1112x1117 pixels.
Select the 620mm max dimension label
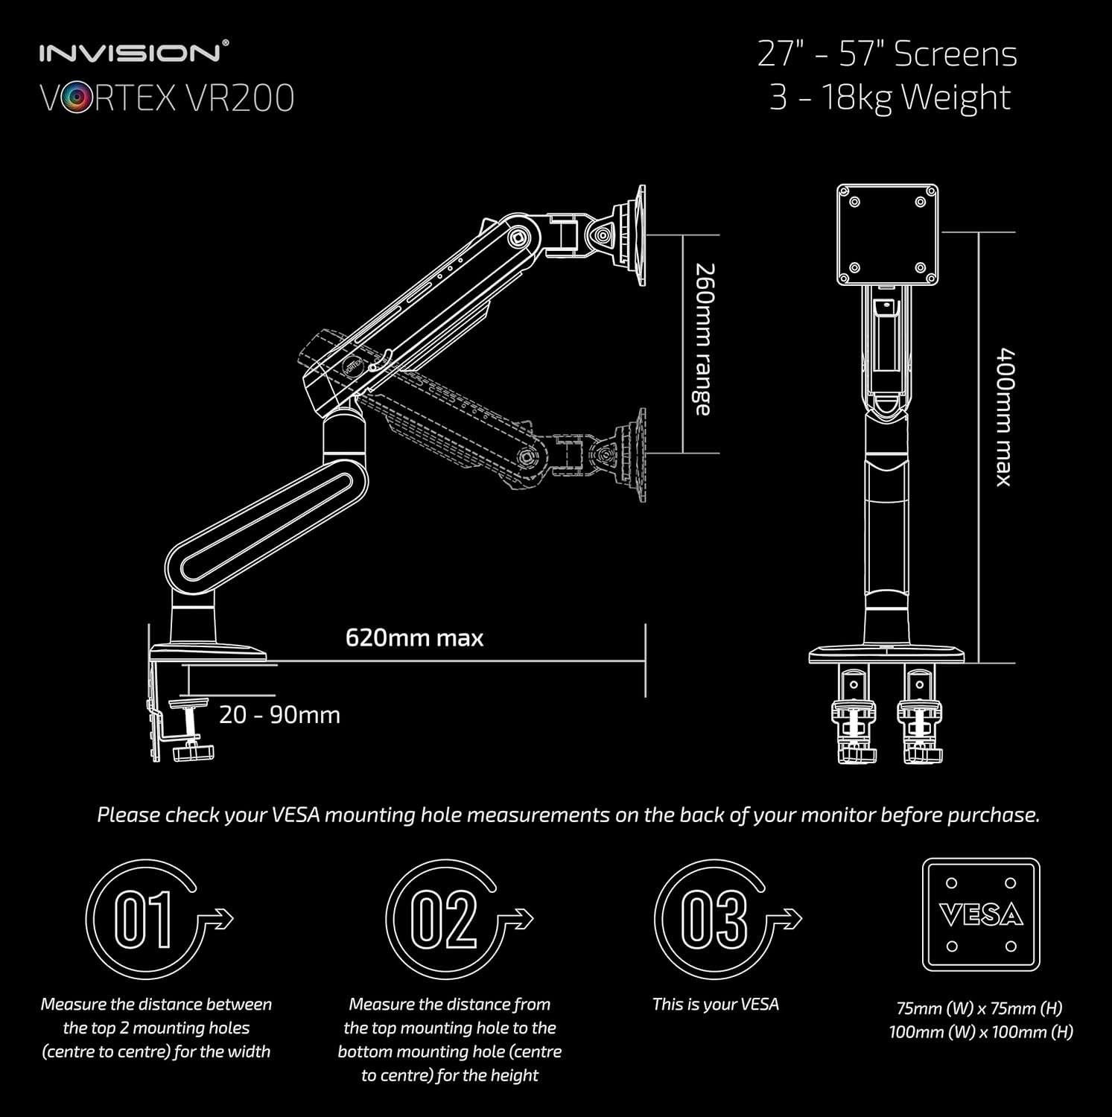(x=414, y=638)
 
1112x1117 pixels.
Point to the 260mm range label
(x=702, y=339)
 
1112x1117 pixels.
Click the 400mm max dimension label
(x=1005, y=417)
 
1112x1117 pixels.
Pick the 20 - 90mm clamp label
(x=279, y=715)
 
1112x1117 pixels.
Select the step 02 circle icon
(x=444, y=919)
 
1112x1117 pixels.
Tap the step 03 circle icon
(x=713, y=919)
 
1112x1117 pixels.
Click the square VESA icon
(x=981, y=914)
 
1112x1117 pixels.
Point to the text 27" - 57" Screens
(x=887, y=54)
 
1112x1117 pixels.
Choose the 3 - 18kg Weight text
(x=889, y=98)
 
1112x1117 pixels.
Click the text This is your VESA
(x=715, y=1005)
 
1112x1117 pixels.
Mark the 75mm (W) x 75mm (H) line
(x=979, y=1008)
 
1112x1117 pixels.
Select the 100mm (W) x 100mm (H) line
(x=980, y=1032)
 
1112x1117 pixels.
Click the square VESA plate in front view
(x=887, y=235)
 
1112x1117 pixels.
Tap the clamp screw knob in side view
(x=190, y=752)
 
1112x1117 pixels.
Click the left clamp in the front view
(x=854, y=719)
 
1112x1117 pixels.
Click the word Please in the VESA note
(x=128, y=815)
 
